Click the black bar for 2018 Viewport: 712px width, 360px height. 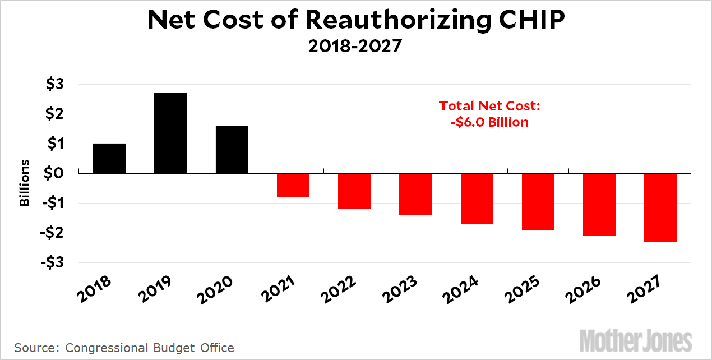coord(109,158)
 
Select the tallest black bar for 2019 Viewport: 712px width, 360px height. coord(170,133)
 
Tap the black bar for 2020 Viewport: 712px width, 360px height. coord(232,149)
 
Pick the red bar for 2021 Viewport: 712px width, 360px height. coord(293,185)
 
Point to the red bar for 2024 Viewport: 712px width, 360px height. coord(477,198)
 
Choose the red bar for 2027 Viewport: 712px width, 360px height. coord(660,207)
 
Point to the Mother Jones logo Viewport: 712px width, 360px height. coord(636,340)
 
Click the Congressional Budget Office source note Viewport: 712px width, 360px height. coord(150,348)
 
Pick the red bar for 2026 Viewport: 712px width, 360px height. coord(599,204)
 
